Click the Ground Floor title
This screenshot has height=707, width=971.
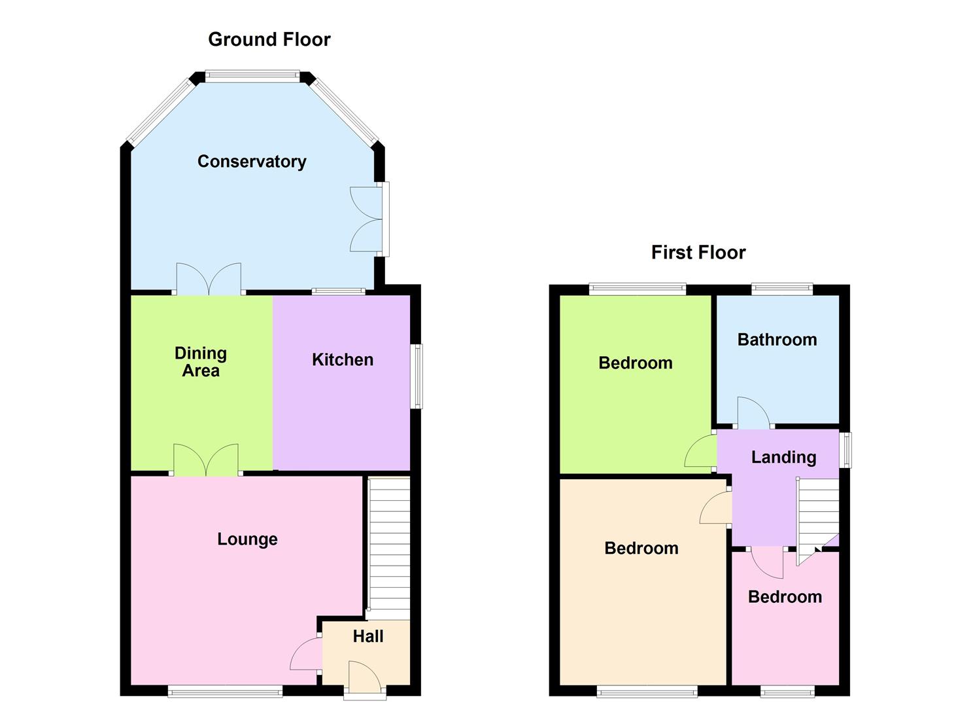[269, 39]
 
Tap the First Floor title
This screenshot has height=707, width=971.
[698, 253]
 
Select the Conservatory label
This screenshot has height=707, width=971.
[252, 162]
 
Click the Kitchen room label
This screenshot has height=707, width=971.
[343, 359]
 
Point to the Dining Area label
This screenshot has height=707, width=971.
[201, 362]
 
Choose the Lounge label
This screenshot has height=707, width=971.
[247, 539]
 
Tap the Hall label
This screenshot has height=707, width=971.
[368, 636]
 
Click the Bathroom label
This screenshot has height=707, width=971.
[777, 340]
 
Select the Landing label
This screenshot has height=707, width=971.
[783, 457]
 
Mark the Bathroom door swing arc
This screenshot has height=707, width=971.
[752, 412]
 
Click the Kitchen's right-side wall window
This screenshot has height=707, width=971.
[417, 376]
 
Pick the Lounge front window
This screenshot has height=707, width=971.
[225, 690]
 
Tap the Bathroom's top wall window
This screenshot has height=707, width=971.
[781, 288]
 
